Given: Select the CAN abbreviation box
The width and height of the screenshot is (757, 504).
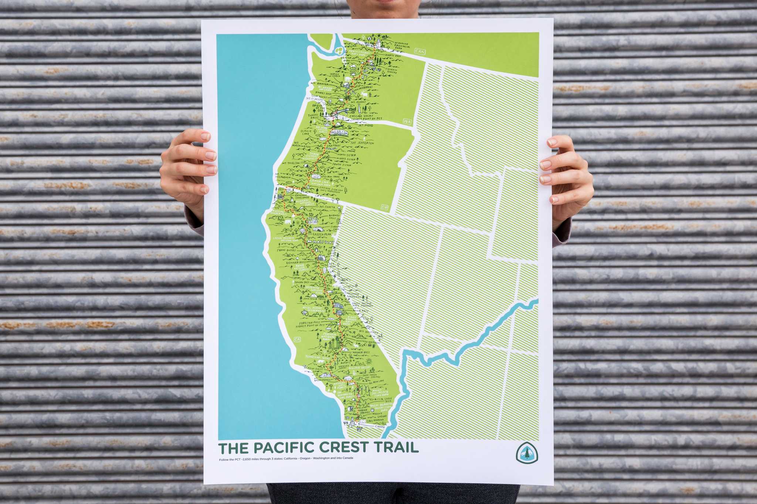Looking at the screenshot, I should [x=420, y=51].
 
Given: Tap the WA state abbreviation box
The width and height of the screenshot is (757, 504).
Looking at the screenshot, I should [x=407, y=121].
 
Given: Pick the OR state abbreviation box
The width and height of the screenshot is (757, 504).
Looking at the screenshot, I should [x=385, y=207].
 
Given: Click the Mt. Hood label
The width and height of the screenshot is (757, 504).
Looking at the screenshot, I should [x=366, y=126].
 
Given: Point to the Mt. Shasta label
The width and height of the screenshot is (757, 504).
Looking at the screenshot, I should [x=327, y=208].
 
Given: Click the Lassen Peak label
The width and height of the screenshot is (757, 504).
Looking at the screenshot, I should [x=322, y=234].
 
